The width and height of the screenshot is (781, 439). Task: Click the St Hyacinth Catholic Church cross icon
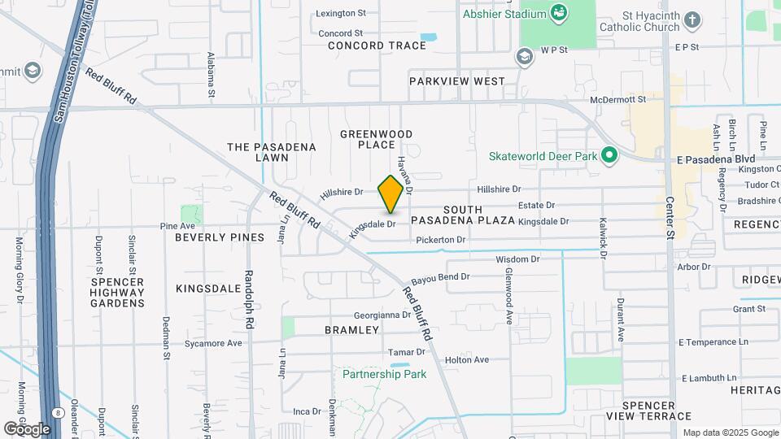coord(692,20)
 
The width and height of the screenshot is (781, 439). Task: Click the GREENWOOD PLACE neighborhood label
coord(376,139)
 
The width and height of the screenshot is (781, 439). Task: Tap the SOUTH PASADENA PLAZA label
coord(462,215)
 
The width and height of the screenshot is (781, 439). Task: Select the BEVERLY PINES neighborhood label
coord(220,237)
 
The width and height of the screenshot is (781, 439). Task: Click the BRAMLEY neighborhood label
coord(352,330)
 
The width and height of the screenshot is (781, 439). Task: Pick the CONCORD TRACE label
coord(377,46)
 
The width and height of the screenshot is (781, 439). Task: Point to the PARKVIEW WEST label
coord(457,81)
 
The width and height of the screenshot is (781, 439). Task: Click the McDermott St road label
coord(617,99)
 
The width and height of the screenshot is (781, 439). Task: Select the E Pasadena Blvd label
coord(716,159)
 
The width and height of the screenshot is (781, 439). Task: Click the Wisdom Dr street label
coord(517,259)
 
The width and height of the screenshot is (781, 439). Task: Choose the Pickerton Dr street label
coord(440,240)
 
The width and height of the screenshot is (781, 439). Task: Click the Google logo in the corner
coord(27,428)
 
